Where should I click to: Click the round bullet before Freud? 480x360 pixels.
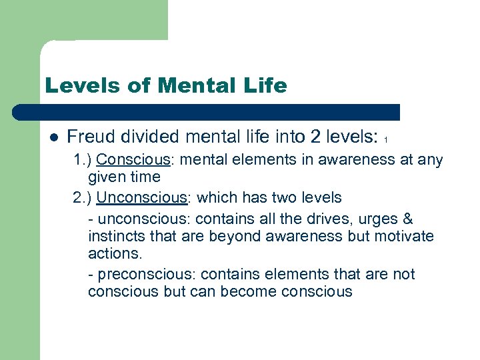tap(54, 138)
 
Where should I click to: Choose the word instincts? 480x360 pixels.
tap(115, 237)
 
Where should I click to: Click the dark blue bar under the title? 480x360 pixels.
tap(207, 112)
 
